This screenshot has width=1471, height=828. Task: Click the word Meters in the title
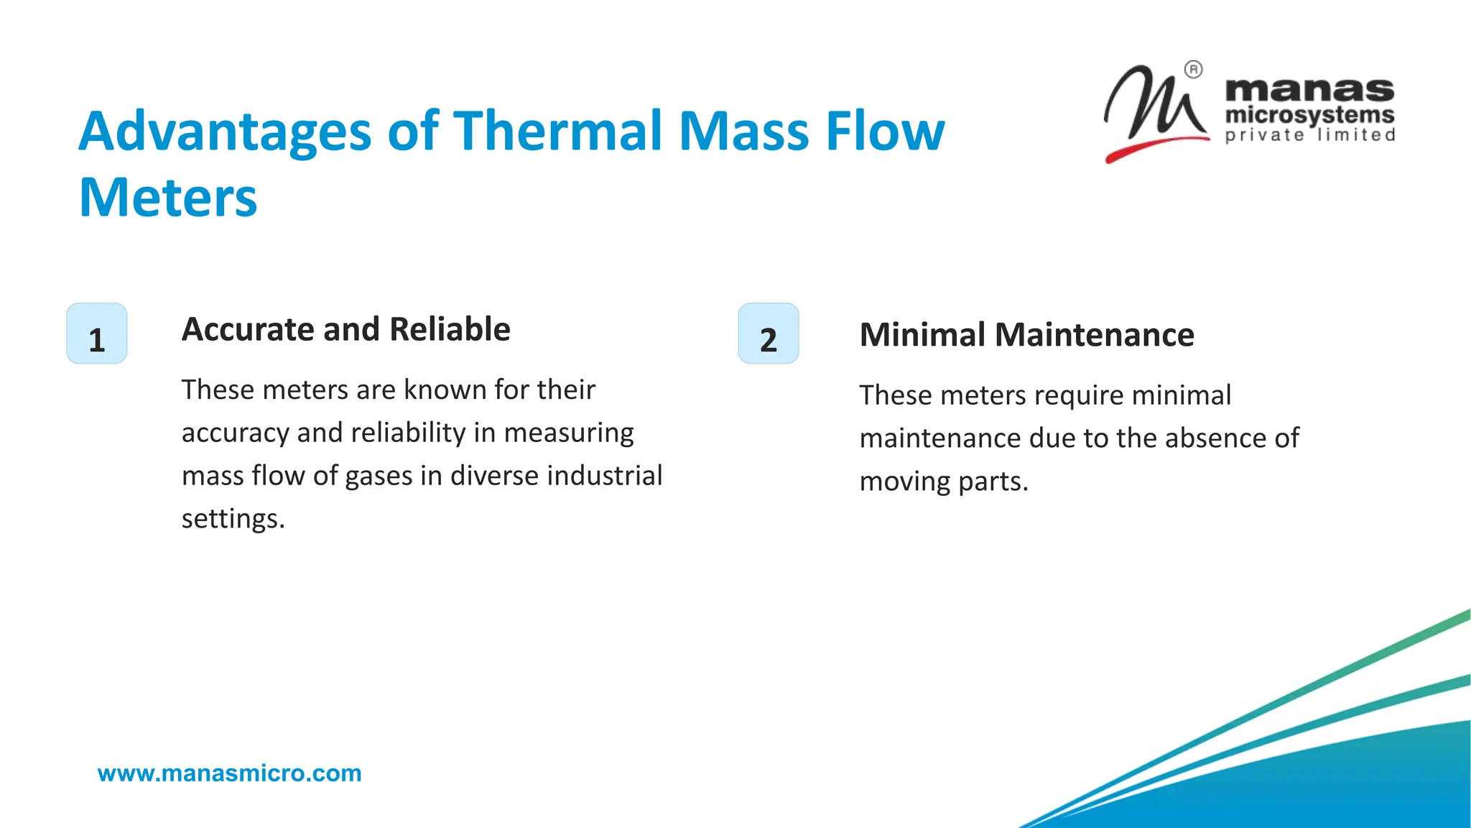(168, 198)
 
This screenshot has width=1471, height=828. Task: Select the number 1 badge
(97, 333)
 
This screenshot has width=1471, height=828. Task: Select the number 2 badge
(769, 333)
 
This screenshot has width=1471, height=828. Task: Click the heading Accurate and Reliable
(345, 329)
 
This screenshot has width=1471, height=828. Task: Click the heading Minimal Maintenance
(1026, 335)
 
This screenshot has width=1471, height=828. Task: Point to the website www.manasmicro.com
(229, 773)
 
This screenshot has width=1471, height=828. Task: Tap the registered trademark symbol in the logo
(1193, 70)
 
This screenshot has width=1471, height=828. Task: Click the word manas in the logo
(1309, 90)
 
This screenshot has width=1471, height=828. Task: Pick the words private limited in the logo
(1309, 135)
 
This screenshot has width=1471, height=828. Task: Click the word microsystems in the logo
(1309, 115)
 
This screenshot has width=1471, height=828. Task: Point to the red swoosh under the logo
(1149, 147)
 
